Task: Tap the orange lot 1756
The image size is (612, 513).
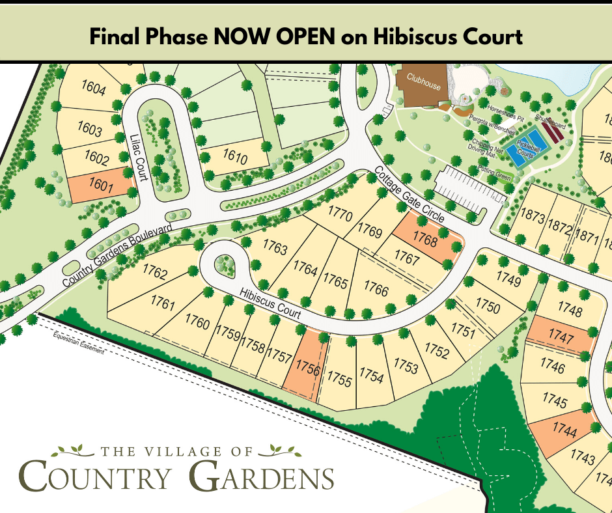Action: (x=307, y=368)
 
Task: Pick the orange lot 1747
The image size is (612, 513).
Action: (x=561, y=337)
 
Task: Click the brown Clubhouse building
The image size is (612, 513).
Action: (x=424, y=85)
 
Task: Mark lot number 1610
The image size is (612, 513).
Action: (x=235, y=158)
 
